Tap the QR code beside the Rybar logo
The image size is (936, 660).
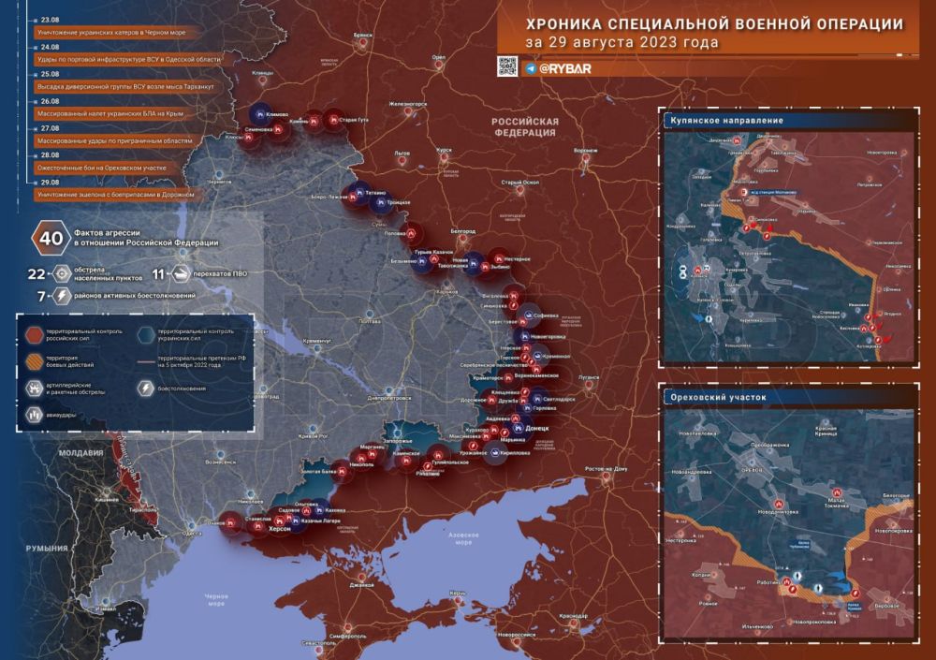point(506,66)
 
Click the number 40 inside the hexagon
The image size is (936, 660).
point(50,239)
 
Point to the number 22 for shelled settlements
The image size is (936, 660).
point(37,273)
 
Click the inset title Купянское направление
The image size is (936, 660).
point(727,121)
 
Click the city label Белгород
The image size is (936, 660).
point(463,231)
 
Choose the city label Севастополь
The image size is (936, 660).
point(318,643)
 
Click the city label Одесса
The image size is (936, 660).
point(192,533)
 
